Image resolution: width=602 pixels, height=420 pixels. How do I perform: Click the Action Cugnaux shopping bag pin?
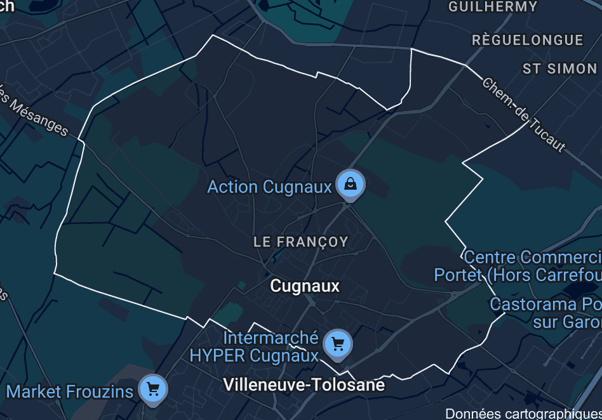(x=351, y=185)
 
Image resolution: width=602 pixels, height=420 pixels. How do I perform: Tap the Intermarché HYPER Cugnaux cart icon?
(x=337, y=345)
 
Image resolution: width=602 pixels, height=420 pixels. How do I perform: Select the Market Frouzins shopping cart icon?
(x=152, y=389)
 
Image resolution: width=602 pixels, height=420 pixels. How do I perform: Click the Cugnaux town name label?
(x=305, y=286)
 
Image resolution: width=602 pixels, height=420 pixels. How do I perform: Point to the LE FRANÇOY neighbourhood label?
(x=300, y=242)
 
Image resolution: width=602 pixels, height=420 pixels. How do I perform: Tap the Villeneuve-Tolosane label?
(x=304, y=385)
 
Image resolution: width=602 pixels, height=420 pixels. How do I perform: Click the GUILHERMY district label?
(x=493, y=7)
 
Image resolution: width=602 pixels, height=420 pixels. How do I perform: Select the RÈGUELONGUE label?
(x=527, y=40)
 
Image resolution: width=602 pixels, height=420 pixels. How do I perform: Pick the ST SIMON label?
(x=559, y=69)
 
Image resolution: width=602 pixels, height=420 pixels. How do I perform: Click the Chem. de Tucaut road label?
(x=523, y=115)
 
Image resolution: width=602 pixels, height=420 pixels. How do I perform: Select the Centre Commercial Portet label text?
(x=518, y=266)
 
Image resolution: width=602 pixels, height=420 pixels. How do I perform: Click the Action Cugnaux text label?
(x=270, y=187)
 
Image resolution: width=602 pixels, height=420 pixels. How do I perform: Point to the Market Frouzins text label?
(x=70, y=391)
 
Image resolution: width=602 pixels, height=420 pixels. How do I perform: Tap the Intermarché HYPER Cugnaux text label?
(x=254, y=347)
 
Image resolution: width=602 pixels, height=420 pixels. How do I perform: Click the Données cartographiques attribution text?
(x=523, y=414)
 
